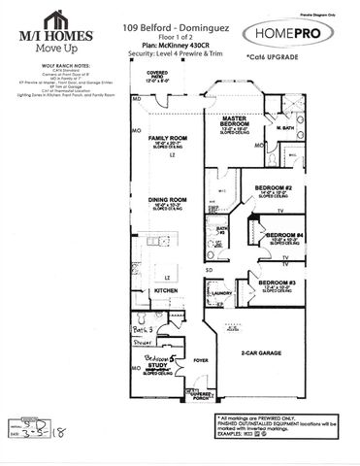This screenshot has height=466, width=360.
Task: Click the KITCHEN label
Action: click(x=166, y=290)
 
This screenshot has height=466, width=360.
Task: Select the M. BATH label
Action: click(x=283, y=129)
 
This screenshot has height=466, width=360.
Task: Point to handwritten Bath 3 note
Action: click(x=144, y=330)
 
